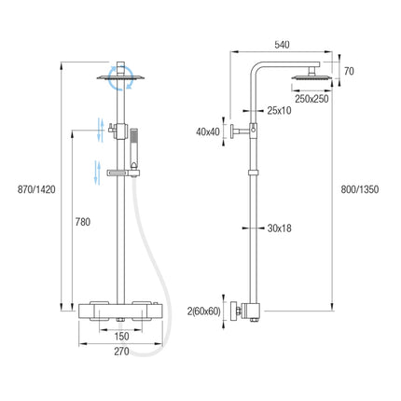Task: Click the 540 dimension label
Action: (282, 45)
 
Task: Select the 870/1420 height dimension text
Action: (36, 189)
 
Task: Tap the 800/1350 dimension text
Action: (360, 189)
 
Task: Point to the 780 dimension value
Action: (83, 222)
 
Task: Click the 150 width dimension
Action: (121, 336)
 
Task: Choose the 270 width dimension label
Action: (121, 352)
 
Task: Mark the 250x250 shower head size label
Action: (311, 99)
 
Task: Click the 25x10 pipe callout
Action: (279, 110)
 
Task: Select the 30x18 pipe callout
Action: (280, 228)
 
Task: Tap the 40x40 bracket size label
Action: (208, 131)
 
